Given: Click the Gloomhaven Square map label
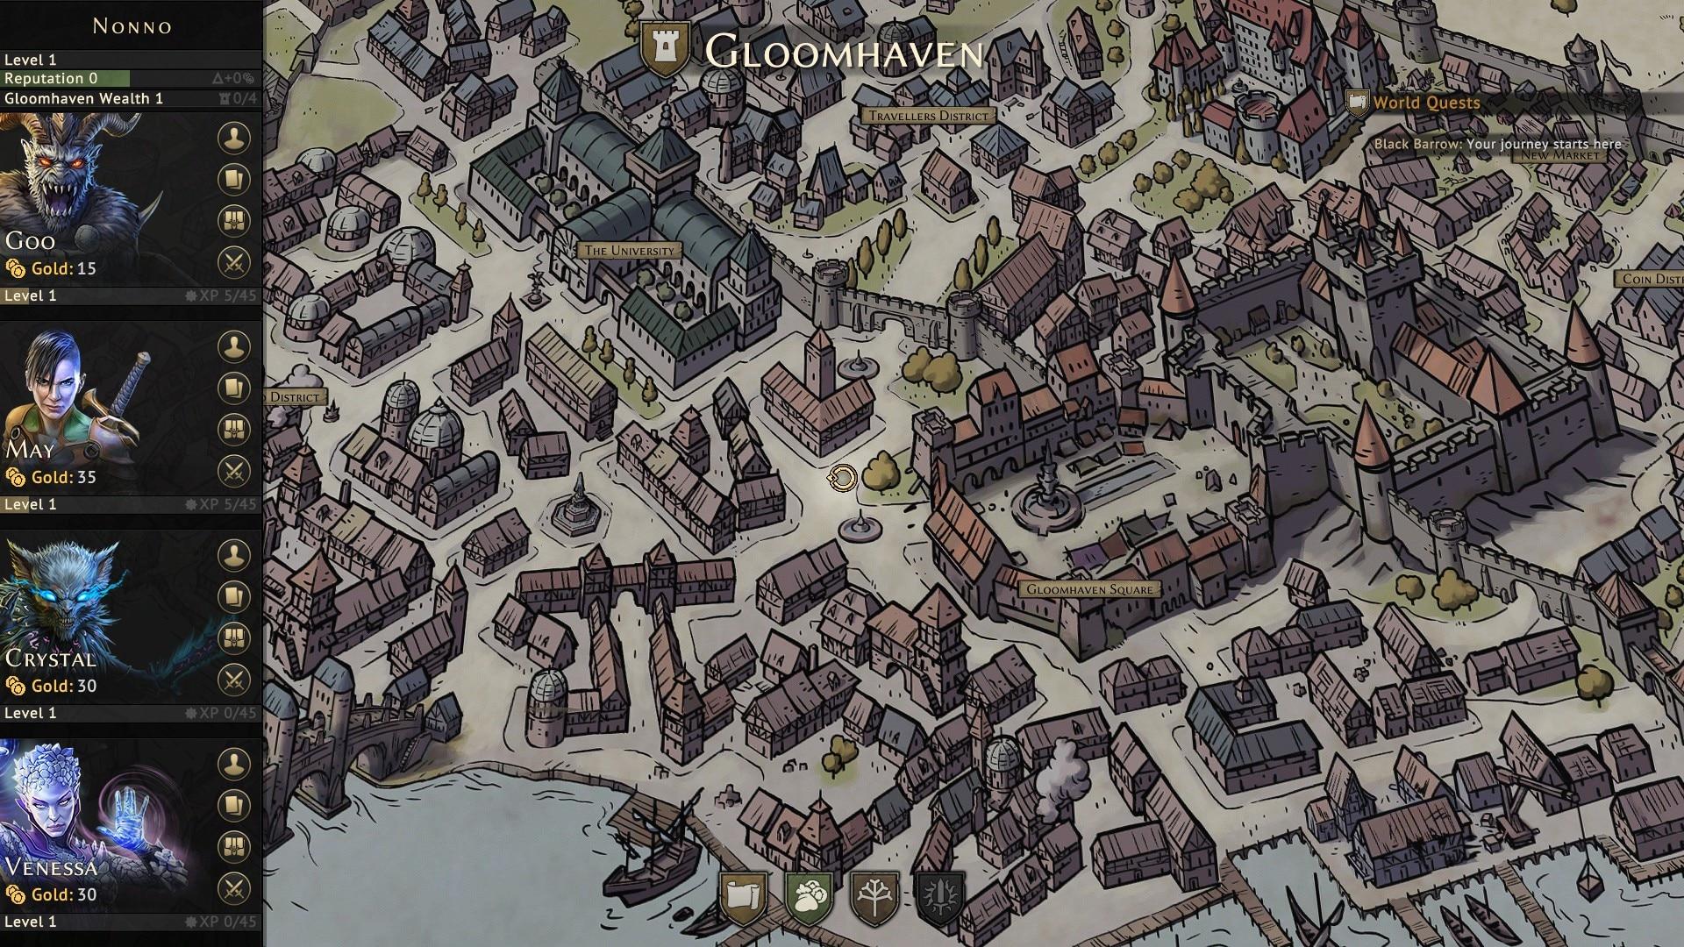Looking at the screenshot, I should click(1089, 589).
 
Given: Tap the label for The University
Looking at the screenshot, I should click(629, 251).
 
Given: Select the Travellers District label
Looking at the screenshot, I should click(928, 115).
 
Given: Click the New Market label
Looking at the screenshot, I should click(1560, 155).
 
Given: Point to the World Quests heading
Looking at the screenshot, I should click(1426, 103).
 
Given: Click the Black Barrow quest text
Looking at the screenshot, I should click(1497, 144).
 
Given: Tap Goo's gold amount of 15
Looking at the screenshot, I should click(86, 268).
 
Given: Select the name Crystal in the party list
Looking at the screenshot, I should click(50, 659).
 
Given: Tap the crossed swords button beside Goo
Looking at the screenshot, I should click(233, 262).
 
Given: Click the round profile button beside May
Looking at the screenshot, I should click(233, 346).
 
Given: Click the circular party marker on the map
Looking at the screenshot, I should click(841, 478).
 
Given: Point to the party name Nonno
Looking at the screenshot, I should click(132, 26).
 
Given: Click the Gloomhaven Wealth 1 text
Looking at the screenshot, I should click(83, 98).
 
